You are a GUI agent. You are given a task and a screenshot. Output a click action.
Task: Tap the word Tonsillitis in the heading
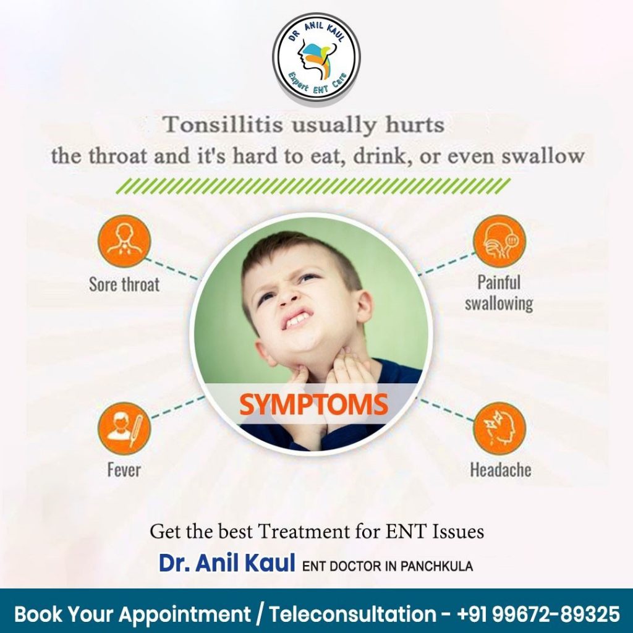coord(223,124)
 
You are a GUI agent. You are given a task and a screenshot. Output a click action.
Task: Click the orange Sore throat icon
coord(124,241)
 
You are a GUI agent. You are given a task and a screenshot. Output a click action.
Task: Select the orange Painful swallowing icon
coord(499,241)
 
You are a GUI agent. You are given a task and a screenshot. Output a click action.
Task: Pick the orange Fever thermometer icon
coord(124,428)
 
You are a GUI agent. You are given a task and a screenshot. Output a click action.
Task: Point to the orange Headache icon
coord(499,428)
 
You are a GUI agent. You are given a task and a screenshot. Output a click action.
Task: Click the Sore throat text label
coord(124,284)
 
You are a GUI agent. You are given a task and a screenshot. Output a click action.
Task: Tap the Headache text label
coord(501,470)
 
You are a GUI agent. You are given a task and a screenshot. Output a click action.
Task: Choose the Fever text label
coord(124,470)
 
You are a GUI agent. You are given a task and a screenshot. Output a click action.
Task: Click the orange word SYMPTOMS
coord(313,404)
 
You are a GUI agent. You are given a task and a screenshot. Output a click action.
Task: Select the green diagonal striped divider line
coord(313,186)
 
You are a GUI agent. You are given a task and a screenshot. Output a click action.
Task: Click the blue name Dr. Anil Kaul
coord(227,563)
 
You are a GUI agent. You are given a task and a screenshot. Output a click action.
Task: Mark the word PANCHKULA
coord(436,566)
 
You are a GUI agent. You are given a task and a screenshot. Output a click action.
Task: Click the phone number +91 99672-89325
coord(538,614)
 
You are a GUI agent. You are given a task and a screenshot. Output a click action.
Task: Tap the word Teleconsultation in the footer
coord(352,614)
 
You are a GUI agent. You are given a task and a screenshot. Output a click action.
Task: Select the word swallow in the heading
coord(543,156)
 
